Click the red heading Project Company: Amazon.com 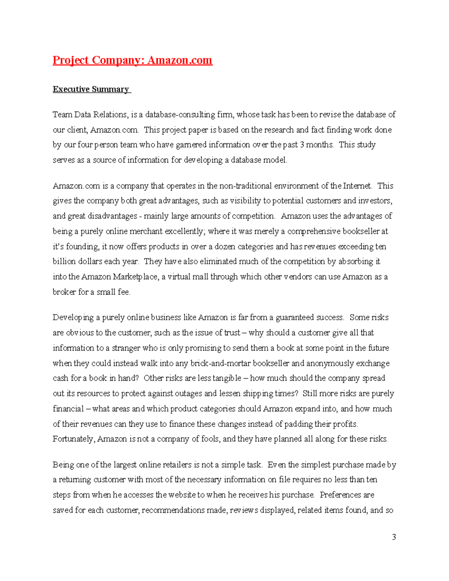[132, 60]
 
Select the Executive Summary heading [91, 89]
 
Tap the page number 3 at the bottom [394, 537]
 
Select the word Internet [357, 186]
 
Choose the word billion [64, 262]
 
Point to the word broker [64, 292]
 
